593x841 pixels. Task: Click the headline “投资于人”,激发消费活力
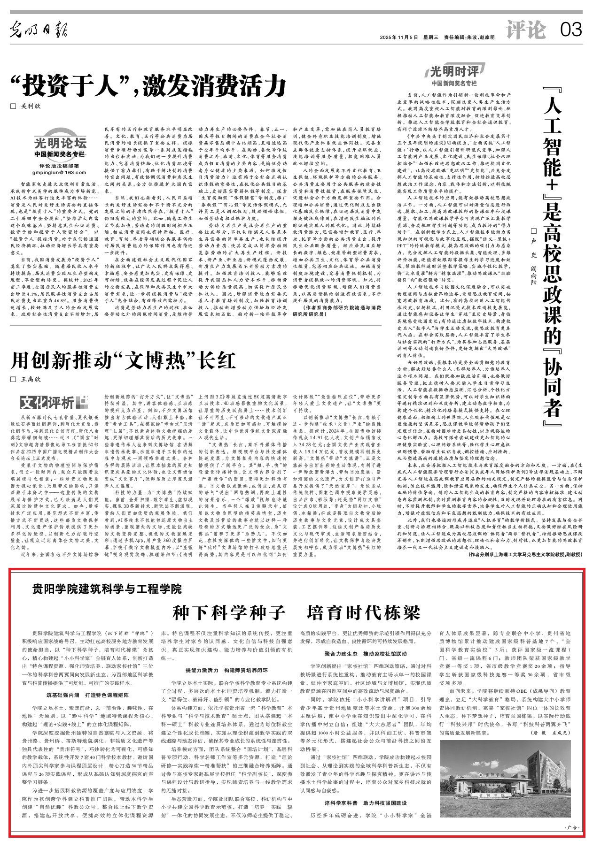coord(149,84)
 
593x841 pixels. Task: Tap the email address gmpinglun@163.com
coord(60,173)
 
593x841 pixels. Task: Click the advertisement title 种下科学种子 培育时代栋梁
coord(296,612)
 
